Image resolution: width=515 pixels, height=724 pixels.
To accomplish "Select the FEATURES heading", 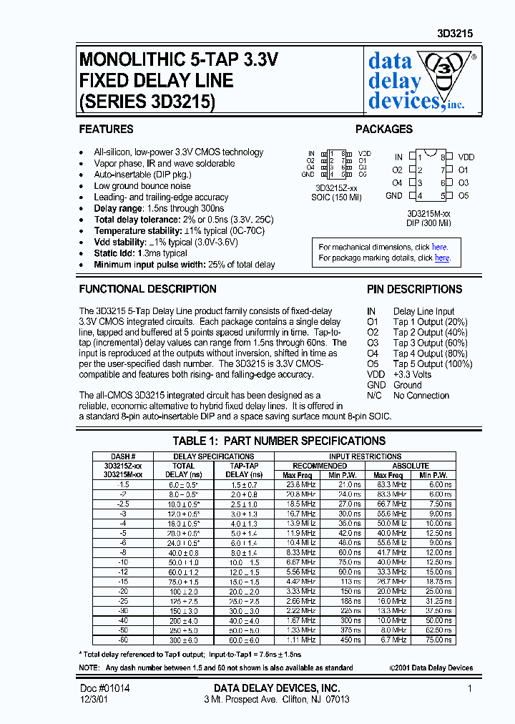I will point(106,129).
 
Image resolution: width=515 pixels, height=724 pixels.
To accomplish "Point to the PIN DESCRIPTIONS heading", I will point(414,289).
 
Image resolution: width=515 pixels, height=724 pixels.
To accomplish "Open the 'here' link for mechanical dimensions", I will point(439,248).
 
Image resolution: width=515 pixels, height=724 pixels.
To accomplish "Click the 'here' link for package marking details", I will point(442,258).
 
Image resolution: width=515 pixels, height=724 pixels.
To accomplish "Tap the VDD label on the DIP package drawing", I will point(466,157).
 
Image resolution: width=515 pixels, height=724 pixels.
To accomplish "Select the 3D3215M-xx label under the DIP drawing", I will point(428,213).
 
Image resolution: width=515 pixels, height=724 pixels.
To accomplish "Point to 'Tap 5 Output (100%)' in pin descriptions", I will point(433,364).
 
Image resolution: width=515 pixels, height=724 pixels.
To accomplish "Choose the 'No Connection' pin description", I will point(421,396).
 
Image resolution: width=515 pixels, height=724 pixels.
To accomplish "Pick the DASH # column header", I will point(123,456).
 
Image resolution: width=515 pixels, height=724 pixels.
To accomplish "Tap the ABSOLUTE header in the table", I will point(410,466).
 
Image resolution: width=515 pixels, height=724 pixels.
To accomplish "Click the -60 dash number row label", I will point(123,640).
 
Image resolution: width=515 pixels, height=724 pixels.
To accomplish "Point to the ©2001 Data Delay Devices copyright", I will point(431,667).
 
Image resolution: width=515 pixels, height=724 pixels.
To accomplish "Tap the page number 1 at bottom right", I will point(470,688).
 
